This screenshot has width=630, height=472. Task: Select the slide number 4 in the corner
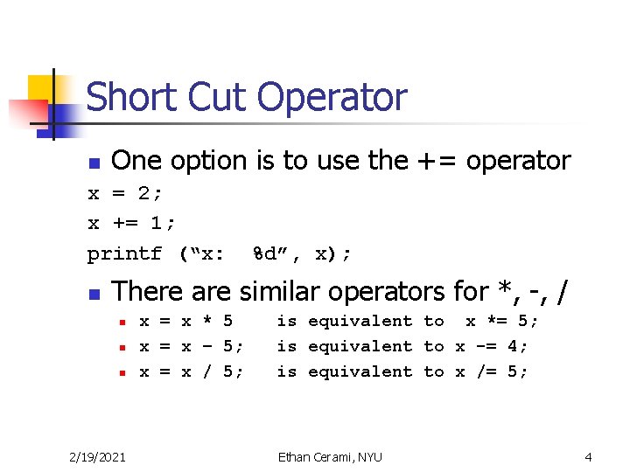[x=589, y=455]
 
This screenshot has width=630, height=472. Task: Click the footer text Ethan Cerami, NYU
[x=330, y=455]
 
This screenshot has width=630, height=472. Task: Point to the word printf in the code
[x=124, y=254]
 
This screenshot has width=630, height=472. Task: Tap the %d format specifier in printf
[x=267, y=254]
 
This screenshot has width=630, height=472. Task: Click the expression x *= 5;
[x=502, y=321]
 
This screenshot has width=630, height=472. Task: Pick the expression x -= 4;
[x=491, y=346]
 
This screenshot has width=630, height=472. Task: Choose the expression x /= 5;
[x=491, y=371]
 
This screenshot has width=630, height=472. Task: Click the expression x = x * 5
[x=185, y=321]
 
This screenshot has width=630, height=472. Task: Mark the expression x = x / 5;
[x=191, y=371]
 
